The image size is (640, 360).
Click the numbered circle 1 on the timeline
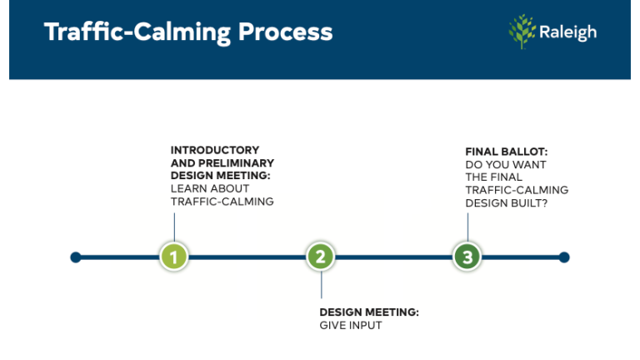click(x=174, y=257)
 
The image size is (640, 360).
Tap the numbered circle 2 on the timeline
click(x=321, y=257)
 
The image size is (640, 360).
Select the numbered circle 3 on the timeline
click(x=467, y=257)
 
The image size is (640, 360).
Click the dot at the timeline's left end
click(x=76, y=257)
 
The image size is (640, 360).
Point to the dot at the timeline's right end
click(x=564, y=257)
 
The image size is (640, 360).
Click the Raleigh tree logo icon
click(x=522, y=32)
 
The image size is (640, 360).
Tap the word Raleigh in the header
click(x=567, y=32)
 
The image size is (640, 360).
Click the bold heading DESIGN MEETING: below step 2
click(x=369, y=312)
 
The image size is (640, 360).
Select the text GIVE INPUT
click(x=351, y=325)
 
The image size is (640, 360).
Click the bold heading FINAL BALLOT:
click(x=506, y=151)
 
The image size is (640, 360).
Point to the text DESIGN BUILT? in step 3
click(x=506, y=202)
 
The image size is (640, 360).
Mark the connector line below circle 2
click(x=321, y=286)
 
